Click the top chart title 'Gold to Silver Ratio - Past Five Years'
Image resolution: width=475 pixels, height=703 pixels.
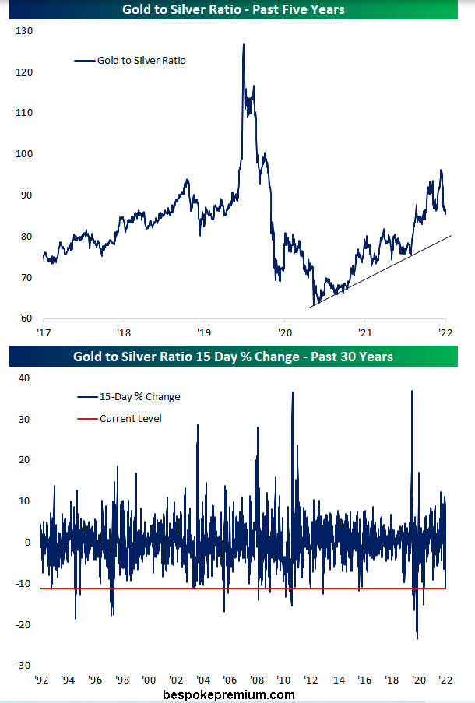coord(234,10)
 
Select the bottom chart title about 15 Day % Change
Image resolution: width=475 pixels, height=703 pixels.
coord(234,357)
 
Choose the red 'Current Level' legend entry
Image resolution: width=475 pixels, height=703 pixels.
coord(132,418)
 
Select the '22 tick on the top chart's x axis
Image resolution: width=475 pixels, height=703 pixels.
coord(445,332)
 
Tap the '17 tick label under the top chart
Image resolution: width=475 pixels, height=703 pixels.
coord(43,332)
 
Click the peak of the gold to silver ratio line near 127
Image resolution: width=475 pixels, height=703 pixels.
coord(243,44)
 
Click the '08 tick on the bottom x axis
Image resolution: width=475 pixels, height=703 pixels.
coord(255,679)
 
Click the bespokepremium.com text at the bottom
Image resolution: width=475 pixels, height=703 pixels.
coord(229,694)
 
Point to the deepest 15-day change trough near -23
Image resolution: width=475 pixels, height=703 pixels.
coord(417,638)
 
